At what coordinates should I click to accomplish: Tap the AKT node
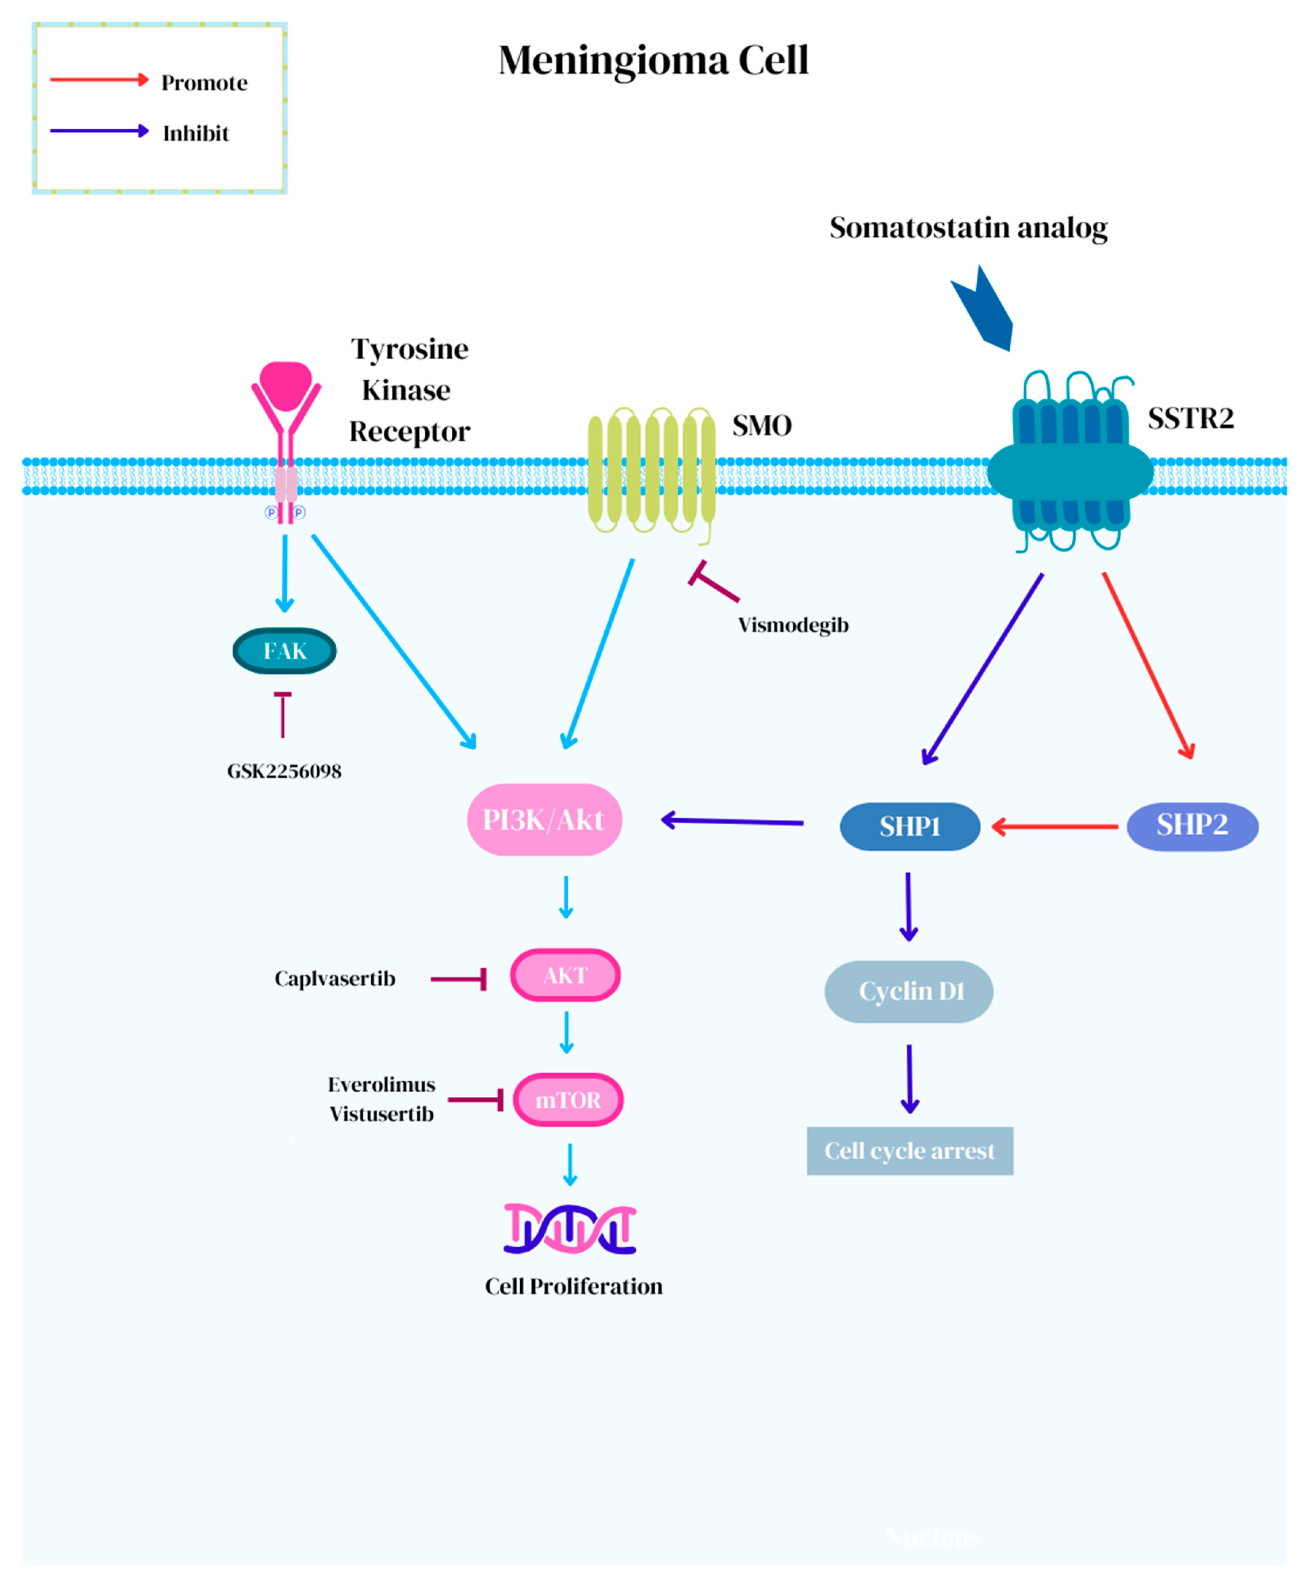point(565,975)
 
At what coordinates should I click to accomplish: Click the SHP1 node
point(910,826)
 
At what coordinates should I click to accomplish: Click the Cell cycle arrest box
point(910,1150)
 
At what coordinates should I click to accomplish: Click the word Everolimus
point(381,1084)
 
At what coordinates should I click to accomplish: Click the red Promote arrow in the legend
point(99,80)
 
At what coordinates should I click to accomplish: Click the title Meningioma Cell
point(653,60)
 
